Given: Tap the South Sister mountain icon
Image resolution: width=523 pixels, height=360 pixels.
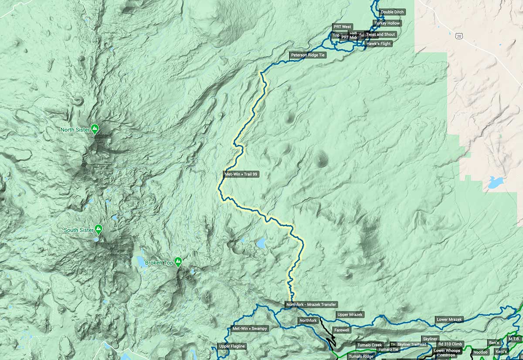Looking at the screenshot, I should pyautogui.click(x=99, y=229).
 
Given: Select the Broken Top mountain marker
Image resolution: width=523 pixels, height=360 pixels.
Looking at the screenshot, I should pyautogui.click(x=178, y=262).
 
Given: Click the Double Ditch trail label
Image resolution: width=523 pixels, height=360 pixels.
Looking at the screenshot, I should pyautogui.click(x=392, y=12).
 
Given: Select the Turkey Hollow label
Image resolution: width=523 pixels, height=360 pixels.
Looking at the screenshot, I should pyautogui.click(x=387, y=23).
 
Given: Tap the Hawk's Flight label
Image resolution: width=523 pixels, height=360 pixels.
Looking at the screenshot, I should pyautogui.click(x=379, y=44).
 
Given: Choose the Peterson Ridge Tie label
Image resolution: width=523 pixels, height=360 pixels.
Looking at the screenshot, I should pyautogui.click(x=307, y=55).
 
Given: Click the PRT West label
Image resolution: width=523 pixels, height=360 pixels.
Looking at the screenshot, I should pyautogui.click(x=343, y=27).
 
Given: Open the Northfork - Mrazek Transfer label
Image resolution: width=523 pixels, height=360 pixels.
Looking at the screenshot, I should pyautogui.click(x=311, y=304).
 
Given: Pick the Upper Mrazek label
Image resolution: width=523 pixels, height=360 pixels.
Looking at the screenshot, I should pyautogui.click(x=350, y=314).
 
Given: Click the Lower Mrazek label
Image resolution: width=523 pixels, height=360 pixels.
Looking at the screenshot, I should pyautogui.click(x=449, y=319).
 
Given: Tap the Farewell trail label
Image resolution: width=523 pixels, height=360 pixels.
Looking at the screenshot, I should pyautogui.click(x=342, y=330).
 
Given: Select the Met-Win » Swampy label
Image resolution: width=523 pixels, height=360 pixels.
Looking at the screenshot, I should pyautogui.click(x=250, y=328).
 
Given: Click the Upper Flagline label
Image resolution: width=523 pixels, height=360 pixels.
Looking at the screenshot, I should pyautogui.click(x=232, y=346).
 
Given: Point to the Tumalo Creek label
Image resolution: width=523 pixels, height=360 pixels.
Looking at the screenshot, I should pyautogui.click(x=369, y=345).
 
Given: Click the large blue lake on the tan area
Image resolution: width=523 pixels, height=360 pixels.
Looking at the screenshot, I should pyautogui.click(x=496, y=182).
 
